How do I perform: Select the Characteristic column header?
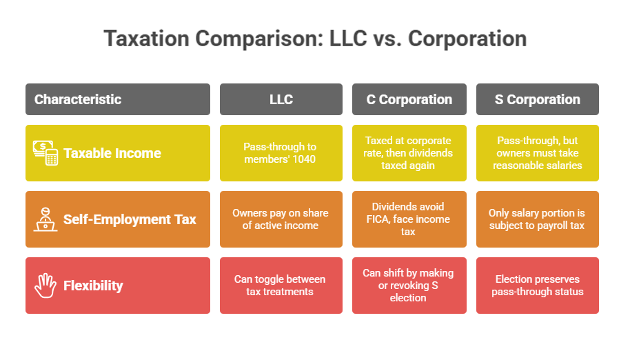pos(78,99)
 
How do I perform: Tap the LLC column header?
pos(281,99)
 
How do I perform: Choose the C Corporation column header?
pos(409,99)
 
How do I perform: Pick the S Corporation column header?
pos(538,99)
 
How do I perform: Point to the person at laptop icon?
pos(45,219)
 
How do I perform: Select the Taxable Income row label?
pos(112,153)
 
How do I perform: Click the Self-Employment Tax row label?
pos(130,219)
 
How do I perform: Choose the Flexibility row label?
pos(93,286)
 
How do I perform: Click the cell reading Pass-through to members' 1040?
pos(281,153)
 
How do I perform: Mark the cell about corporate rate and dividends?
pos(409,153)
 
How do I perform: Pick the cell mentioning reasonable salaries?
pos(538,153)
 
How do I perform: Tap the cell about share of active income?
pos(281,219)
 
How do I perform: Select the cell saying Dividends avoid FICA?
pos(409,219)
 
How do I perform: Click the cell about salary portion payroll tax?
pos(538,219)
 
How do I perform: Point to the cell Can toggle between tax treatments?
pos(281,286)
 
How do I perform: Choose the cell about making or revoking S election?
pos(409,286)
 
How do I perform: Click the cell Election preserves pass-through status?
pos(538,286)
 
